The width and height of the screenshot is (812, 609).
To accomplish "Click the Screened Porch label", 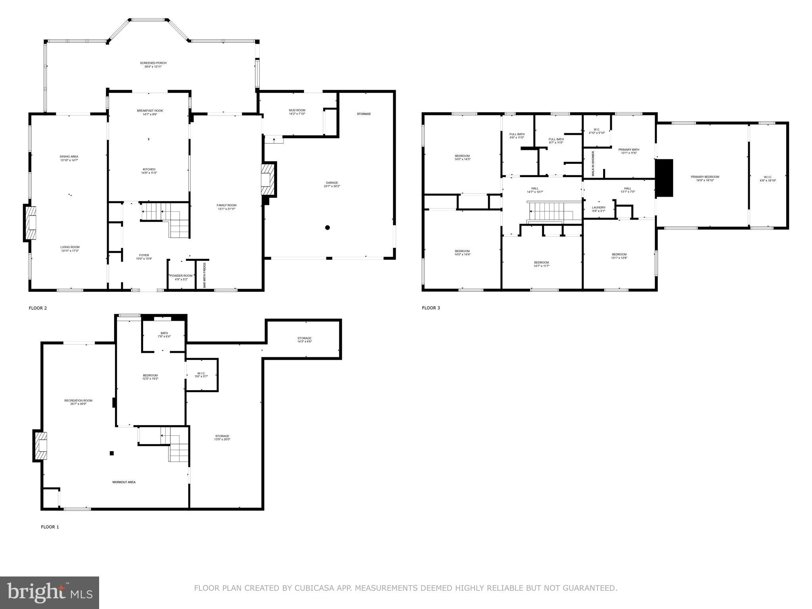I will (153, 63).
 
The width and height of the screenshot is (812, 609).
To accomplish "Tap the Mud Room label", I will (297, 110).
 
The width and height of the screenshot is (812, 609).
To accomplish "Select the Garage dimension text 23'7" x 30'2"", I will (332, 186).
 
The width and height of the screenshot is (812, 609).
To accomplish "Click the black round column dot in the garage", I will (327, 228).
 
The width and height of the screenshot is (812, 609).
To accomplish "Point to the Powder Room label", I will (181, 276).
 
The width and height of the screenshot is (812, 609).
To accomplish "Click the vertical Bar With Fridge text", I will (205, 275).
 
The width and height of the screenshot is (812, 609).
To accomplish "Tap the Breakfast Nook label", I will (150, 111).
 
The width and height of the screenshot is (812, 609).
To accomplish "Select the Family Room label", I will (226, 205).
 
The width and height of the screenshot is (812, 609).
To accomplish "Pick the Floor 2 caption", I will (38, 308).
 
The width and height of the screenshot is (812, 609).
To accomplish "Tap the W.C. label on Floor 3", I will (597, 129).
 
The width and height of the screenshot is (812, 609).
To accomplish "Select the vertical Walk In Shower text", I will (593, 163).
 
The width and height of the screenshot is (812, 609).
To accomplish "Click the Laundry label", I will (599, 207).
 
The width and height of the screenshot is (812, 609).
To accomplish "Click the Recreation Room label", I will (78, 400).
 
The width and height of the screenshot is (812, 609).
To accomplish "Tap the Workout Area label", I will (124, 482).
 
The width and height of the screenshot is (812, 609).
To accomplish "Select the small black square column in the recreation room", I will (112, 453).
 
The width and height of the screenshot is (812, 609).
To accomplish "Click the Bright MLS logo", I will (49, 592).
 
